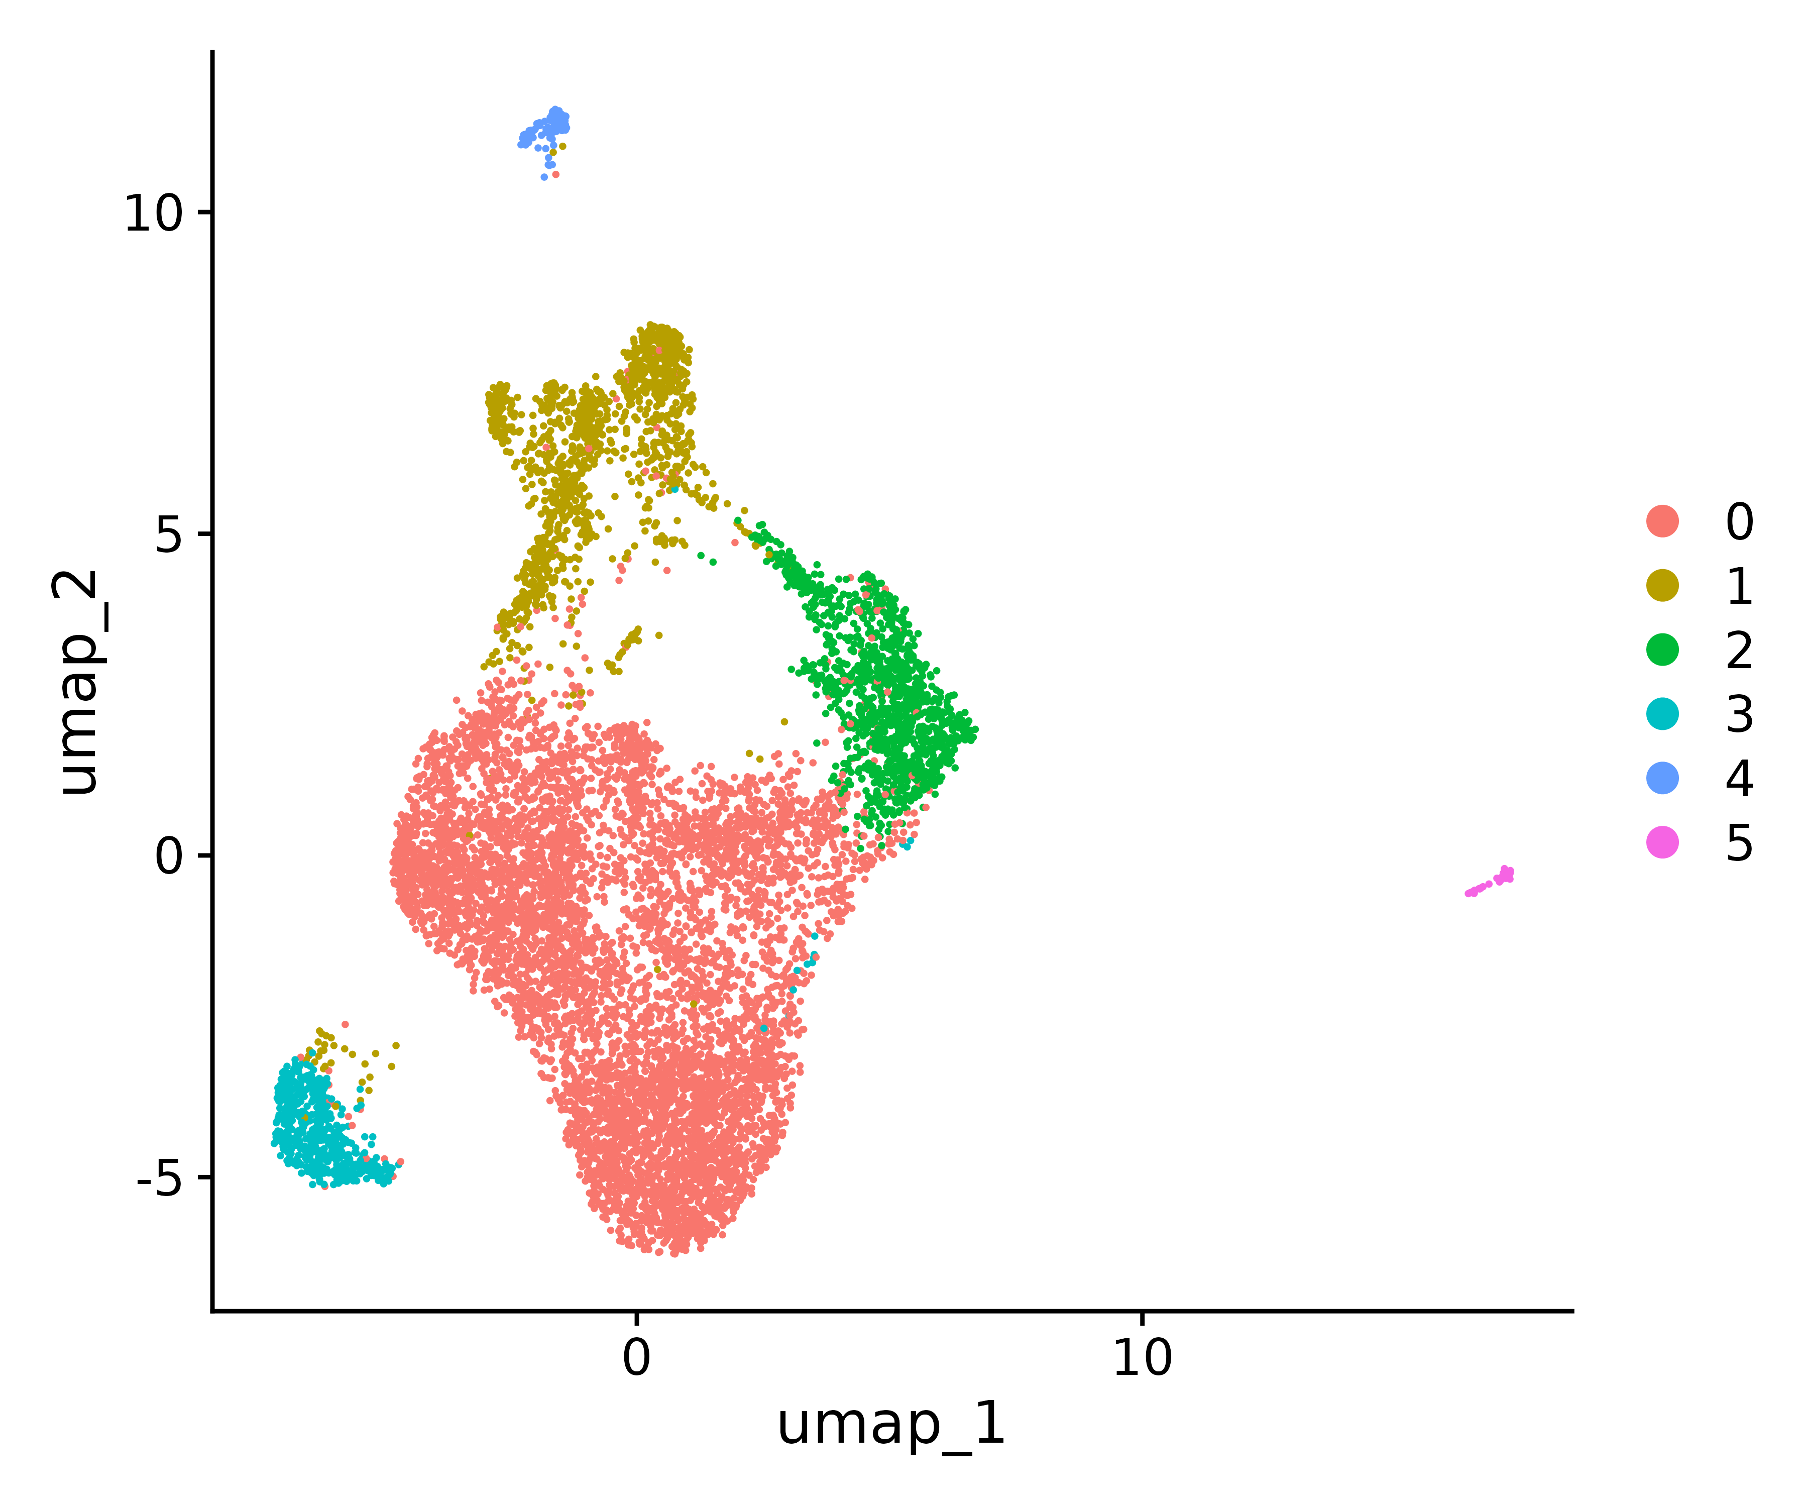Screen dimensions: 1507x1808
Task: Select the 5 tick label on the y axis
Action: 170,535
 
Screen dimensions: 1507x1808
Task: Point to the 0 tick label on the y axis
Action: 170,857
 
